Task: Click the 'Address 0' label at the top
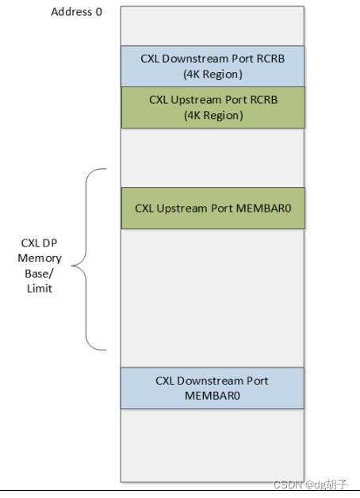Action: coord(76,12)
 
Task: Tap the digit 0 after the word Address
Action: coord(99,12)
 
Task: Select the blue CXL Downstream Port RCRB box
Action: coord(212,66)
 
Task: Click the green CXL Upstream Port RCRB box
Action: coord(212,107)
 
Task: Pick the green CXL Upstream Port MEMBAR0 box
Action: coord(212,208)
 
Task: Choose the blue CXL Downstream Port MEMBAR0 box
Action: coord(212,388)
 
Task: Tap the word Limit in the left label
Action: coord(39,289)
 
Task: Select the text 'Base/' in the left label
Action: coord(39,274)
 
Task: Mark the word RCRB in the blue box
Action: coord(267,59)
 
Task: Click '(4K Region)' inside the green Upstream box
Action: coord(212,115)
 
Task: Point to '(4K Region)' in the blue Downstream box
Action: coord(212,74)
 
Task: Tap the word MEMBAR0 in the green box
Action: coord(259,208)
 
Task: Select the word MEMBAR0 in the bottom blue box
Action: coord(212,395)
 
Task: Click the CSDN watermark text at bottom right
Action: coord(288,484)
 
